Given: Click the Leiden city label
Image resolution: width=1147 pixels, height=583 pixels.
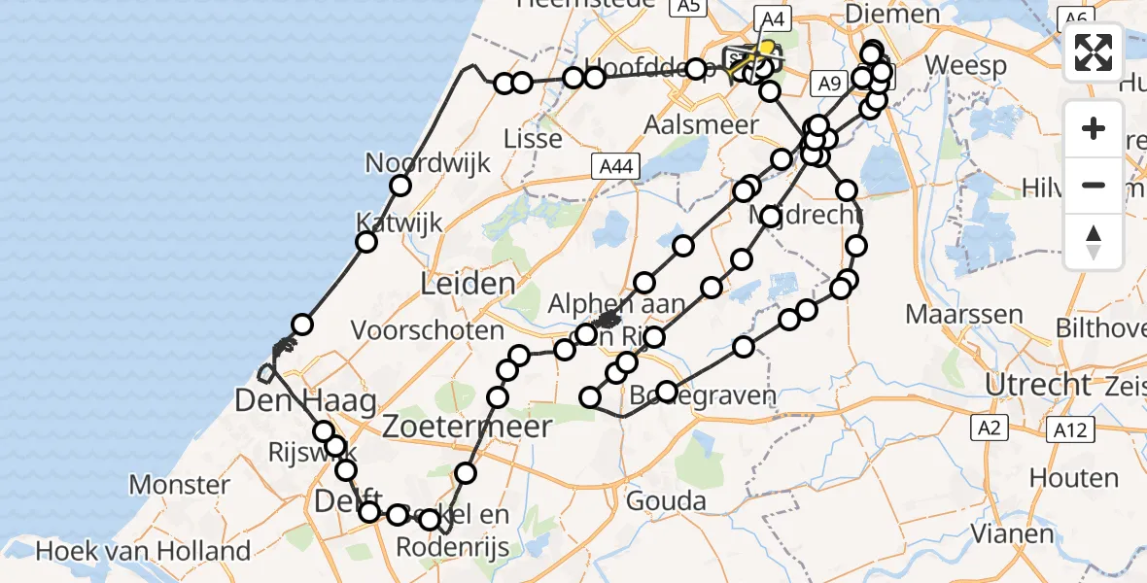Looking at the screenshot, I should tap(468, 285).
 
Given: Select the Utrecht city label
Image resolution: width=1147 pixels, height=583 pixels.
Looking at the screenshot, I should tap(1039, 384).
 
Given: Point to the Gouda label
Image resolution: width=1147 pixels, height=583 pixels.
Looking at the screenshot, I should tap(666, 501).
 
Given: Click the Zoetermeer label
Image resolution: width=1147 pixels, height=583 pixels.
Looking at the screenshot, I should tap(468, 427).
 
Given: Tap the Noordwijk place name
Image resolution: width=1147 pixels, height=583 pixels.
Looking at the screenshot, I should tap(413, 162).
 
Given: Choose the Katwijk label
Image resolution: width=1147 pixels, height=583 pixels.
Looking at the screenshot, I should tap(399, 223).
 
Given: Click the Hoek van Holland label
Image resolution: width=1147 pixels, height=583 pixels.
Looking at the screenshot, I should tap(143, 552).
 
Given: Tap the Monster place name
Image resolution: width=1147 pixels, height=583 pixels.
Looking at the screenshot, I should tap(180, 484).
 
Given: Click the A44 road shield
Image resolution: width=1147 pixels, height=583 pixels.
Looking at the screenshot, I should tap(616, 168).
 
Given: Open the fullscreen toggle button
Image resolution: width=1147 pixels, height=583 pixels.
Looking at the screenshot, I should tap(1094, 52).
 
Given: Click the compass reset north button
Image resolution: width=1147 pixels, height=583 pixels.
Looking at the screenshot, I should tap(1094, 241).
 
